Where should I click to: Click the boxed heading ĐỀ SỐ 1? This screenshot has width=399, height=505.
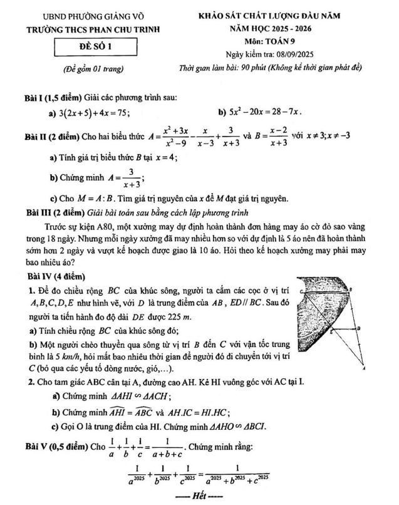coord(95,45)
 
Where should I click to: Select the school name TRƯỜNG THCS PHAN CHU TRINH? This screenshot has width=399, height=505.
coord(93,29)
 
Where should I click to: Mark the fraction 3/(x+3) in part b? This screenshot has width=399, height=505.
coord(130,177)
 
